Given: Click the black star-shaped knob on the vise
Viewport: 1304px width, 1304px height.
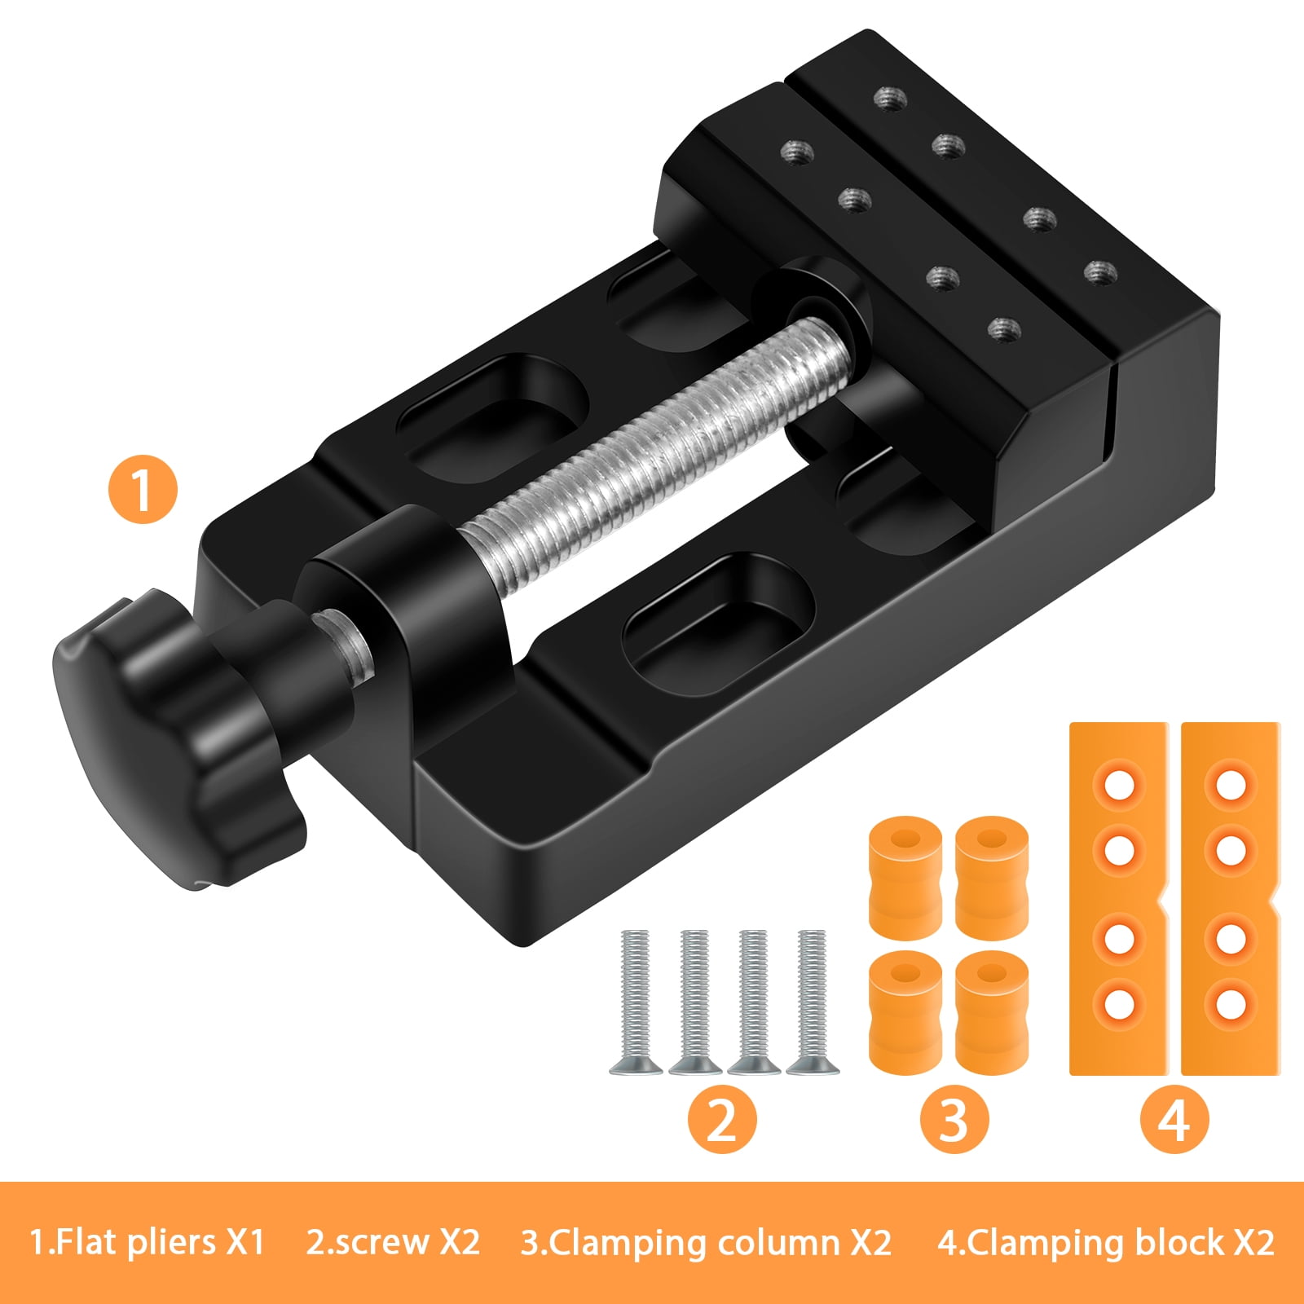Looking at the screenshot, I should (x=163, y=733).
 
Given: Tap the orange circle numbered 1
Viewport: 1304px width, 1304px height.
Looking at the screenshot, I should (x=143, y=489).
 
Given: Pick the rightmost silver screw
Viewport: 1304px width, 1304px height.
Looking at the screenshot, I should (x=813, y=1002).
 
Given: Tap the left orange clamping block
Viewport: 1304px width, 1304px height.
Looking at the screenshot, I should (x=1118, y=896).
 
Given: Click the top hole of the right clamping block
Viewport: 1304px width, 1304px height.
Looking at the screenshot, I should (x=1230, y=785).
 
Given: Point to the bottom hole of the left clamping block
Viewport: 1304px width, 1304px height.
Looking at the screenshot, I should (x=1120, y=1003).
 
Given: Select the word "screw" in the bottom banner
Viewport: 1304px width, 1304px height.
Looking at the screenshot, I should (x=382, y=1244).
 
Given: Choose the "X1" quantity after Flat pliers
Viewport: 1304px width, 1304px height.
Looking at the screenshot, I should (x=245, y=1244).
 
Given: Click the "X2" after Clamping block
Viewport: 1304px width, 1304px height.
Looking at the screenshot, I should (x=1253, y=1244).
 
